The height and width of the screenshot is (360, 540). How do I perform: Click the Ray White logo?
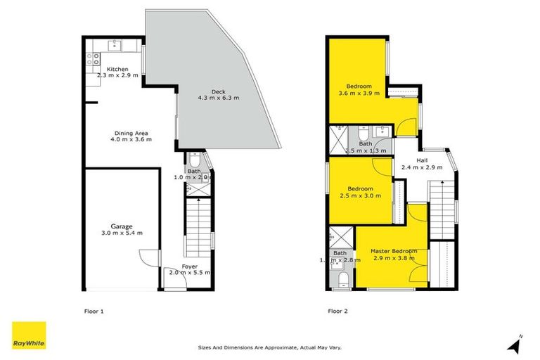click(29, 335)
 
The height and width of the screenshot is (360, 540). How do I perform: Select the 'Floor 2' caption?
click(338, 310)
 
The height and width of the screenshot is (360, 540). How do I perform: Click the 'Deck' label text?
click(219, 90)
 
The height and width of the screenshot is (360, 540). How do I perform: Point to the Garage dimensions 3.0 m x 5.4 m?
click(122, 233)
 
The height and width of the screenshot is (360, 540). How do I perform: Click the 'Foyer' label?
click(189, 266)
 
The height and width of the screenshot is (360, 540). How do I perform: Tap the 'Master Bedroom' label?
click(394, 251)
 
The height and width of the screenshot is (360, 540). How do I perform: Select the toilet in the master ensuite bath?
click(342, 280)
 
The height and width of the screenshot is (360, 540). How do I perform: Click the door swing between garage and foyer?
click(147, 259)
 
